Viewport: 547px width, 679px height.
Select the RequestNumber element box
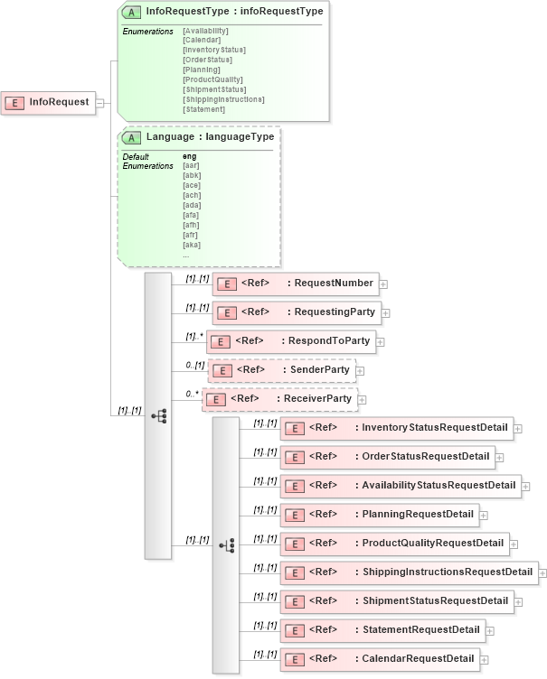[295, 284]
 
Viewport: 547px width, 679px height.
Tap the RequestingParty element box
[296, 312]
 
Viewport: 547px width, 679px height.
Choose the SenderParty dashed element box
[281, 370]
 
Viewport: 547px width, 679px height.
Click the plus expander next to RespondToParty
[381, 342]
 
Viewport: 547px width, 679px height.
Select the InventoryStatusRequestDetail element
[396, 427]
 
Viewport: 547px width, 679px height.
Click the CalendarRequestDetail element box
[379, 659]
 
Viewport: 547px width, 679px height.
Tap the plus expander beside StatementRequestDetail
[490, 631]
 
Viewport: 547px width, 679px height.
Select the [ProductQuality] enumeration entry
[212, 79]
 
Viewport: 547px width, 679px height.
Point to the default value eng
[189, 156]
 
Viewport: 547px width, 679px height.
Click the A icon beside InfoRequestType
[132, 12]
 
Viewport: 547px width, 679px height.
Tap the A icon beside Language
[132, 137]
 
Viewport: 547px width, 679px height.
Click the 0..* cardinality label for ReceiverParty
[192, 394]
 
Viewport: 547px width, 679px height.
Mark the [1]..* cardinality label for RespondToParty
[193, 336]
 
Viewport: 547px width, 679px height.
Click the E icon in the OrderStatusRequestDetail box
[293, 457]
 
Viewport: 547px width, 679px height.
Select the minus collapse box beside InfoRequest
[99, 103]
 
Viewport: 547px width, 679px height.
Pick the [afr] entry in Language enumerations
[191, 235]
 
